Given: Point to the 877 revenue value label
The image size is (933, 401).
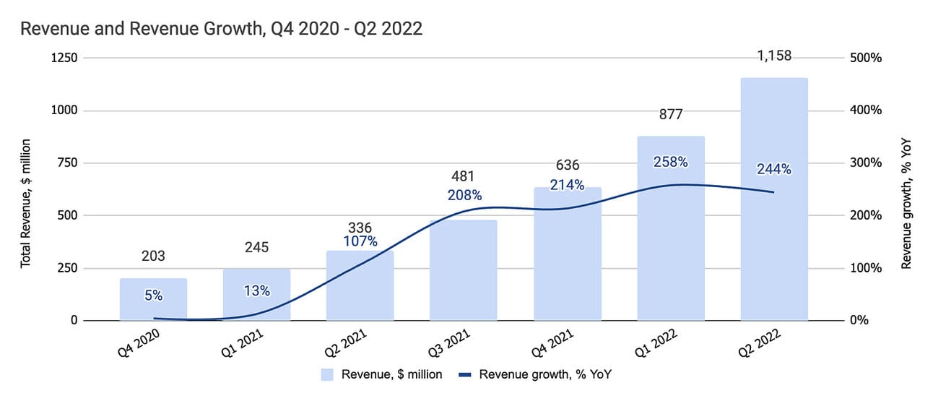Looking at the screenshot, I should tap(670, 114).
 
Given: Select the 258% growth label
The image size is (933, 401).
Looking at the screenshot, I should tap(670, 163).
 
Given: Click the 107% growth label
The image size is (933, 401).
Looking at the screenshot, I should tap(360, 241).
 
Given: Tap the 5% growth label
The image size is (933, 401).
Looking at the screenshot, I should tap(153, 295).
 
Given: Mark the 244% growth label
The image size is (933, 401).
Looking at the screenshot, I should tap(774, 170).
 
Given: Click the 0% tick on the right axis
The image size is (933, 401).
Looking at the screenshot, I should tap(860, 320).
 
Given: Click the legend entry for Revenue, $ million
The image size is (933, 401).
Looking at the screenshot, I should tap(381, 374).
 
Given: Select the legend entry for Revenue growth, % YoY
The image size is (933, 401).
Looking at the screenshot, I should tap(538, 374).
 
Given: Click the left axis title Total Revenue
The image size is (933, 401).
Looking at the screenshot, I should tap(27, 204).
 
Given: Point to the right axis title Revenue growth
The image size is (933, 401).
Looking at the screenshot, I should tap(907, 204).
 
